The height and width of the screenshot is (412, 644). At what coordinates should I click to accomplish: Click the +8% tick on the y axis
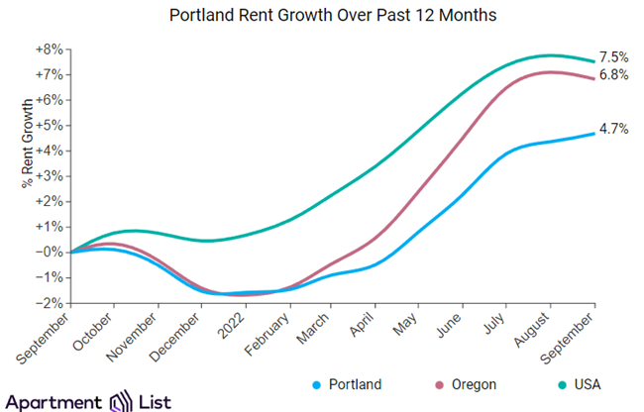tap(49, 50)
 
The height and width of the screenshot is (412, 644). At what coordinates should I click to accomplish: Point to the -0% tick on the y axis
tap(49, 252)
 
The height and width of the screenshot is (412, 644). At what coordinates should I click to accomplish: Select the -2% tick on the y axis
tap(49, 302)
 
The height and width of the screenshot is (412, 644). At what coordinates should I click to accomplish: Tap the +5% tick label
tap(49, 126)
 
